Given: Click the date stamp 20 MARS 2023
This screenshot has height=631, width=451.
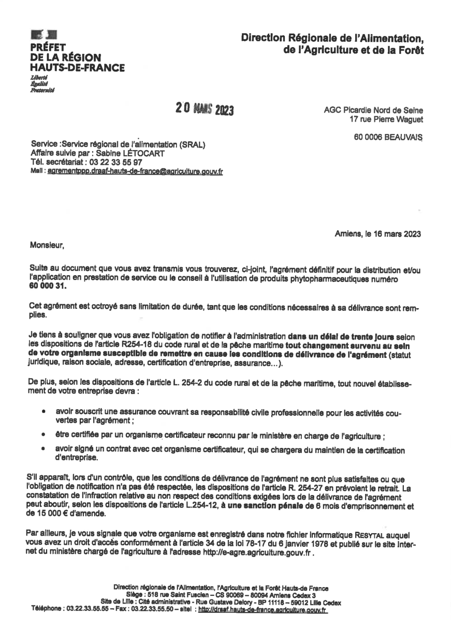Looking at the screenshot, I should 205,109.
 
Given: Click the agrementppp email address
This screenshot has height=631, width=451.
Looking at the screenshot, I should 135,170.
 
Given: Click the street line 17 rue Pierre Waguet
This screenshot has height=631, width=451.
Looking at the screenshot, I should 386,120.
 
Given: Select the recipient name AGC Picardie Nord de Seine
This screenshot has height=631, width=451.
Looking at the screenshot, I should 373,110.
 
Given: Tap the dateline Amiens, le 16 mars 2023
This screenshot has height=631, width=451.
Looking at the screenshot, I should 378,233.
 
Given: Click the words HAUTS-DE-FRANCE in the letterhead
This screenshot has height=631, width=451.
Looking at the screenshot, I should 77,67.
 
